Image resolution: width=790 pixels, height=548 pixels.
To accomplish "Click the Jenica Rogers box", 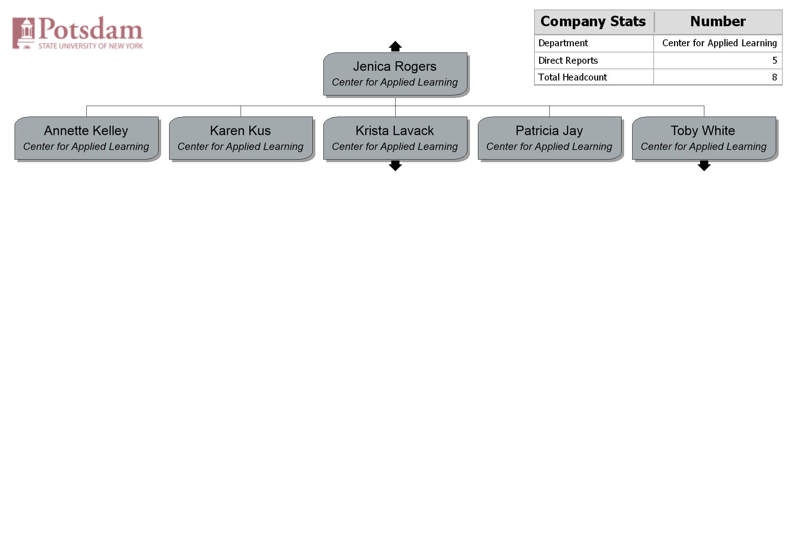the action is [395, 74].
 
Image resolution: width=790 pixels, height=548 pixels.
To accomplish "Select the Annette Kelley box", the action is [86, 138].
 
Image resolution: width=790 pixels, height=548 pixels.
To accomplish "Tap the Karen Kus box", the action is [241, 138].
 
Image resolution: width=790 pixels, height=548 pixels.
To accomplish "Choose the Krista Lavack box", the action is [395, 138].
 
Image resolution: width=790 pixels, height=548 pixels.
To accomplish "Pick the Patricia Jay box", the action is [550, 138].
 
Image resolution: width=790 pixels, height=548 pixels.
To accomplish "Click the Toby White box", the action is [704, 138].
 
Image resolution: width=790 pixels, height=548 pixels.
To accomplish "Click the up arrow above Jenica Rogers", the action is [395, 46].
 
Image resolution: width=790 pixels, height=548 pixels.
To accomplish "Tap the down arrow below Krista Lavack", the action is [395, 166].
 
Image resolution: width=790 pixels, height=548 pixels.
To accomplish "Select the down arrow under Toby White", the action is [704, 166].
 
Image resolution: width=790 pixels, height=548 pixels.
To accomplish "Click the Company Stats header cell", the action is [593, 21].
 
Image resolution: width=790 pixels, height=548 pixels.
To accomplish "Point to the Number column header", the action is [718, 21].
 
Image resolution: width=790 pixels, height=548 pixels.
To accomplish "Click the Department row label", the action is [563, 43].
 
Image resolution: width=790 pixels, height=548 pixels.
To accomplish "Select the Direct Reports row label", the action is [568, 60].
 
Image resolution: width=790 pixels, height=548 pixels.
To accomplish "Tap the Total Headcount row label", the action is [572, 77].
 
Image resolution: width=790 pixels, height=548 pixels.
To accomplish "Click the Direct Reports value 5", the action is [775, 60].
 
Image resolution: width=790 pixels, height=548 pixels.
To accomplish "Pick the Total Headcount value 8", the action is [775, 77].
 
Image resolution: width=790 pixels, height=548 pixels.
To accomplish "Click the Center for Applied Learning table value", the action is [720, 43].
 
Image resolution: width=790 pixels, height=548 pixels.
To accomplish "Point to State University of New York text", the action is [91, 46].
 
